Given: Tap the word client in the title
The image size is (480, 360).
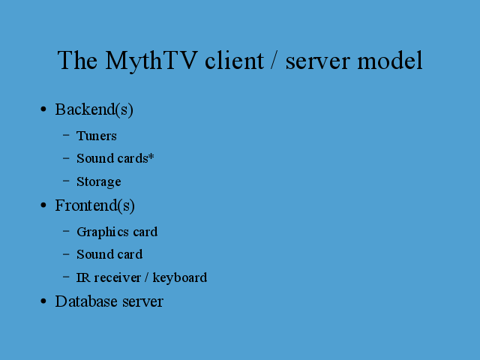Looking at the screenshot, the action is click(234, 60).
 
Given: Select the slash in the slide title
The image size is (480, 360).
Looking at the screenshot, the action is click(274, 61).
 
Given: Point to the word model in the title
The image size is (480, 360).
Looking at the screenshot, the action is click(390, 60).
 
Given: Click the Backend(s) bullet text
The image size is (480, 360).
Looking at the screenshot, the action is click(94, 109).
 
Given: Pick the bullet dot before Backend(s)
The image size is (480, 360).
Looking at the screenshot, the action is click(43, 109).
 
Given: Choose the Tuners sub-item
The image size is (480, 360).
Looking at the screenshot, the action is click(97, 136).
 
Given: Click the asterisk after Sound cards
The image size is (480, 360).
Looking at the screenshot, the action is click(151, 157).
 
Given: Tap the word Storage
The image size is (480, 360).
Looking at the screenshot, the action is click(98, 181).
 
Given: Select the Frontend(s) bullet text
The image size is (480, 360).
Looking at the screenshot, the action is click(95, 205).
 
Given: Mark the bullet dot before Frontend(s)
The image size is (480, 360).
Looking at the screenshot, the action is click(43, 205).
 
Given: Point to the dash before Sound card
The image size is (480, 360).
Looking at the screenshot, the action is click(66, 253).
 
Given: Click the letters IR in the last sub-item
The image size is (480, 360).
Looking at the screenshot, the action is click(83, 277).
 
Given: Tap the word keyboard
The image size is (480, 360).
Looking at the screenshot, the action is click(180, 278).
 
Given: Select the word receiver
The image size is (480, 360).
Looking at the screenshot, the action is click(118, 277).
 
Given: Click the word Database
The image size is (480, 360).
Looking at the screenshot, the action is click(86, 301).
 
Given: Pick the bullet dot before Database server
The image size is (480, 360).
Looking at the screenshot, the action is click(43, 301).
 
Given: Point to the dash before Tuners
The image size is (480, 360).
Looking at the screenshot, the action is click(66, 135).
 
